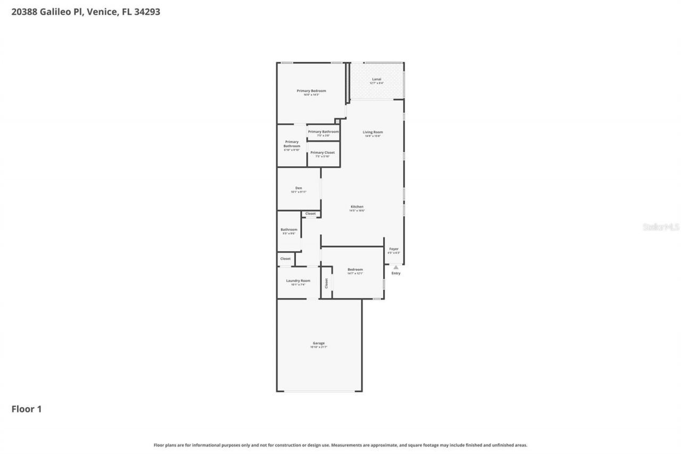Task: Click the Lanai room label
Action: pyautogui.click(x=376, y=79)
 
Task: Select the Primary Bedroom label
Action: pyautogui.click(x=311, y=91)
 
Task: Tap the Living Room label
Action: pyautogui.click(x=373, y=132)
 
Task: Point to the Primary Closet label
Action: pyautogui.click(x=322, y=153)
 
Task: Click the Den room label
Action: pyautogui.click(x=298, y=188)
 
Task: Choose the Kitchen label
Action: pyautogui.click(x=356, y=207)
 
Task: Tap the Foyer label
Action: pyautogui.click(x=394, y=249)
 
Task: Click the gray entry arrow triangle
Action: pyautogui.click(x=396, y=267)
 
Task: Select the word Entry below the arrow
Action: pyautogui.click(x=396, y=274)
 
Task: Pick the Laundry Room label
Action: pyautogui.click(x=298, y=280)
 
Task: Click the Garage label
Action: pyautogui.click(x=319, y=343)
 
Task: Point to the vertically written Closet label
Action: pyautogui.click(x=327, y=283)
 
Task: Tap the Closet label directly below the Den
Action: pyautogui.click(x=310, y=214)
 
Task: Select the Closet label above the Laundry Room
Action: pyautogui.click(x=286, y=259)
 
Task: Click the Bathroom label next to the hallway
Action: pyautogui.click(x=289, y=229)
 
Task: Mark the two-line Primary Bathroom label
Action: pyautogui.click(x=292, y=144)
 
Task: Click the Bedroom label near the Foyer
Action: pyautogui.click(x=355, y=269)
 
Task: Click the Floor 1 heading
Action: pyautogui.click(x=27, y=409)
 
